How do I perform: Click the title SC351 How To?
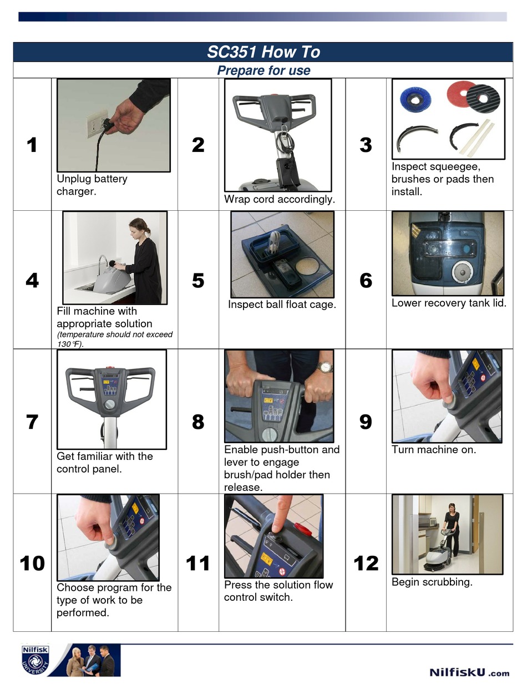pos(263,52)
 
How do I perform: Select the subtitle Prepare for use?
pos(263,70)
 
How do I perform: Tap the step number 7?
pos(32,422)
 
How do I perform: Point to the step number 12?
pos(366,564)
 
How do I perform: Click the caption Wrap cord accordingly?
pos(280,199)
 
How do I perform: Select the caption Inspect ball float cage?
pos(282,305)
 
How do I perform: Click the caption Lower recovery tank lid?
pos(449,303)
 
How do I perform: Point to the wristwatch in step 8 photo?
pos(325,367)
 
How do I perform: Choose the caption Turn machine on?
pos(434,450)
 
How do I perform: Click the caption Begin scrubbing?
pos(432,582)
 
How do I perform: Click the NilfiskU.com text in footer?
pos(469,672)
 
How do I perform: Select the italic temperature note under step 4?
pos(114,339)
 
